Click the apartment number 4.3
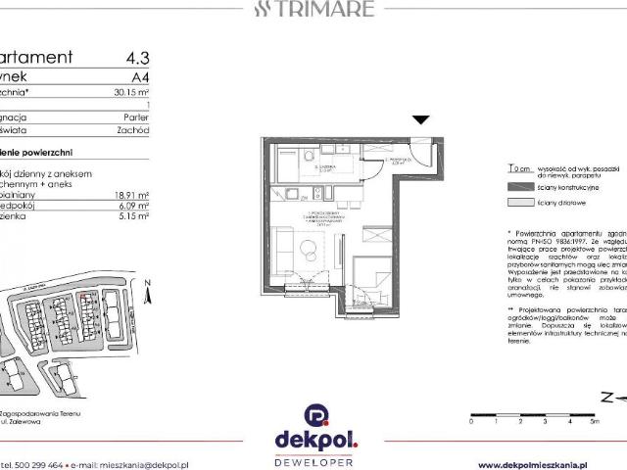tap(137, 58)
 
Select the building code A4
tap(140, 78)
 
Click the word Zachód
tap(133, 128)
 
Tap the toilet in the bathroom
tap(308, 157)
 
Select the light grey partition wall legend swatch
tap(516, 202)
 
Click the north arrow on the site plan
tap(144, 291)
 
